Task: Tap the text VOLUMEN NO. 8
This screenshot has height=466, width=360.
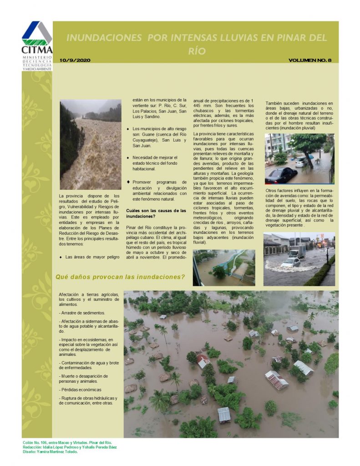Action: (309, 60)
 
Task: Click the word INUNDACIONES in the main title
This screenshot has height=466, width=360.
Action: (105, 38)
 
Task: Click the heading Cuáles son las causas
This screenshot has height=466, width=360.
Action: (156, 214)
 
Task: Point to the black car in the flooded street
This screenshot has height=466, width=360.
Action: (281, 175)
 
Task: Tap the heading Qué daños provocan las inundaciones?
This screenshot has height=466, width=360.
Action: (120, 277)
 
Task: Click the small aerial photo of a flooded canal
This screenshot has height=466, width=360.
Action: (224, 267)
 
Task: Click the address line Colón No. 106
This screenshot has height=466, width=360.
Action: (67, 442)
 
